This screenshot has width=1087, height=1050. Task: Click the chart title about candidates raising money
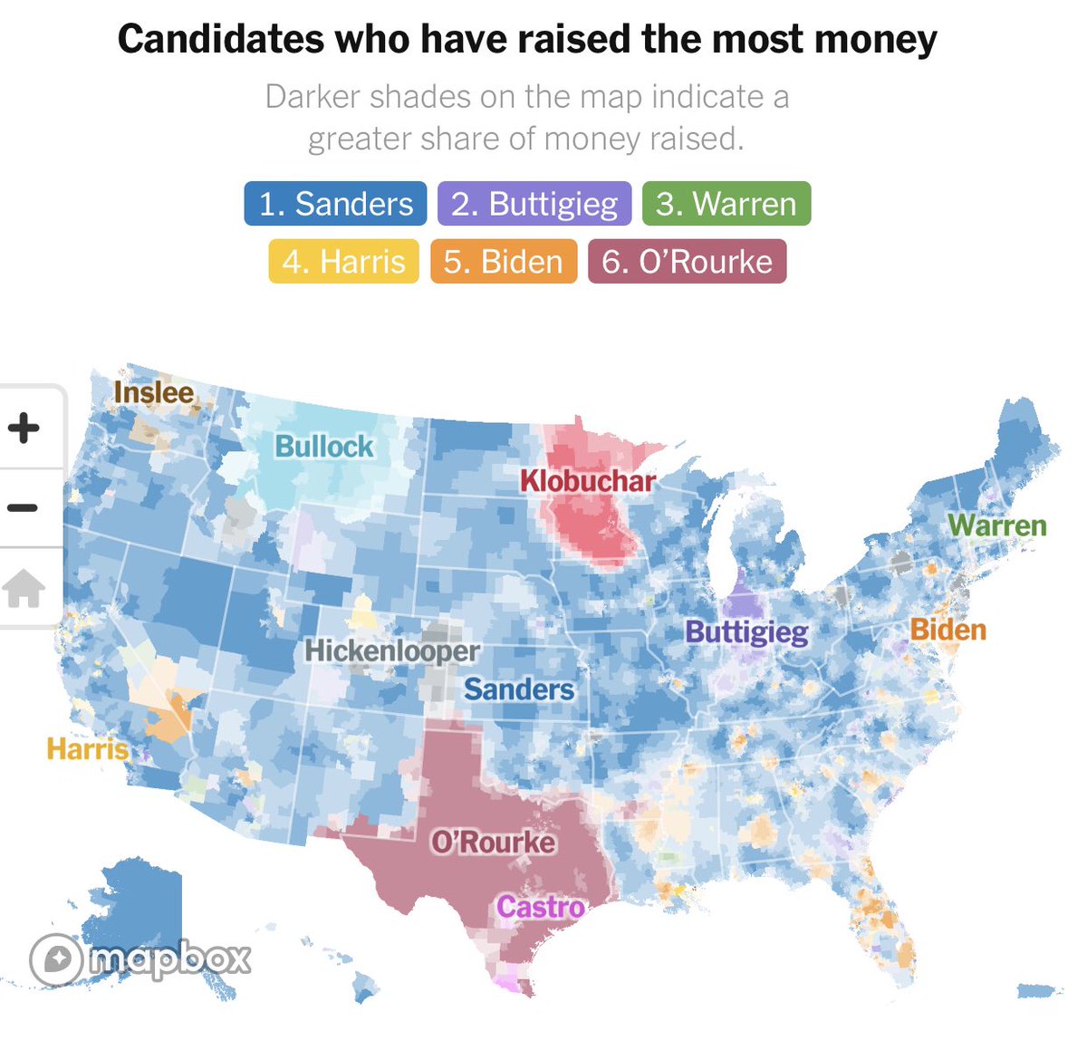(x=527, y=39)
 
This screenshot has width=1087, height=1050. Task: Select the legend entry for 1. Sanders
(x=335, y=204)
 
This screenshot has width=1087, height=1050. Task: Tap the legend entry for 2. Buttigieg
(x=534, y=204)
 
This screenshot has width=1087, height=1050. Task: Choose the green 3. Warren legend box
(x=726, y=204)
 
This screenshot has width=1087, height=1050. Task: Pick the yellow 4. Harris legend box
(x=343, y=262)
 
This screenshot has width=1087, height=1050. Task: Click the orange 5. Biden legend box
(x=503, y=262)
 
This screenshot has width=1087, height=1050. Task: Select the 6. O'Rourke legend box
(x=687, y=262)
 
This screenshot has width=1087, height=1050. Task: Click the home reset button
(x=24, y=588)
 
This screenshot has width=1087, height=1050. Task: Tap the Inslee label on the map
(x=154, y=392)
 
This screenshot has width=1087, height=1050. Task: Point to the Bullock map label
(x=324, y=446)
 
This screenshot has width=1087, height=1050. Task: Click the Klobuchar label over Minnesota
(x=587, y=480)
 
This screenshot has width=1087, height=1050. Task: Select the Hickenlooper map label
(x=392, y=650)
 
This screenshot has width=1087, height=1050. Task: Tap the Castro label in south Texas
(x=541, y=906)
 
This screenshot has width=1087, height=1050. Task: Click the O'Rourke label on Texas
(x=494, y=842)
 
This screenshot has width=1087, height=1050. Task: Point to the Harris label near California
(x=88, y=748)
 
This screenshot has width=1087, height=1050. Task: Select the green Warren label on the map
(x=996, y=525)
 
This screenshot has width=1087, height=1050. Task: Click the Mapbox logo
(x=140, y=958)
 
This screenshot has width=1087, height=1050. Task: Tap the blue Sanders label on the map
(x=519, y=689)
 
